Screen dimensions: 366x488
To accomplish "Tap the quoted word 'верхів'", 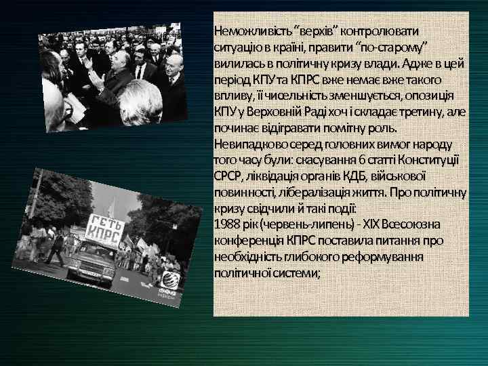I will pyautogui.click(x=317, y=31).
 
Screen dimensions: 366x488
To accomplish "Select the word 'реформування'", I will pyautogui.click(x=382, y=257).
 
